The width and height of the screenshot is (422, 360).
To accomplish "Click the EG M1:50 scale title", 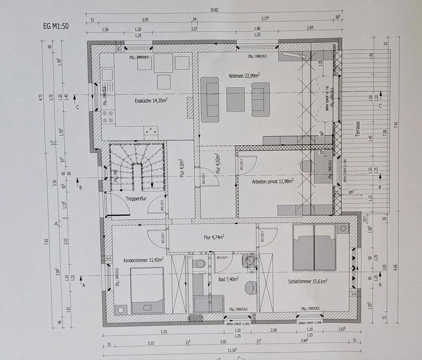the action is point(56,26).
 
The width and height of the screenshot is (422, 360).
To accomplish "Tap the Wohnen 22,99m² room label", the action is point(244,76).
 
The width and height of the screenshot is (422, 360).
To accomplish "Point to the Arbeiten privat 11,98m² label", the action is point(273,180).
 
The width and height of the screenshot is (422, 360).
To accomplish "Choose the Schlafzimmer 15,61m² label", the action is point(308,281).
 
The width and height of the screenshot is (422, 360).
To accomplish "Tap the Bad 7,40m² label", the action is point(229,279).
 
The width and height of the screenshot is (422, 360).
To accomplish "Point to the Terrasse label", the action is point(357,129).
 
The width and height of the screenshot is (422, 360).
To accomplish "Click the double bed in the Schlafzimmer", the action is point(314,247).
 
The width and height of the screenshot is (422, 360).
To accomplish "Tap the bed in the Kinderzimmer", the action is point(147,290).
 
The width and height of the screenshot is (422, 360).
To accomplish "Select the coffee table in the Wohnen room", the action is point(235,99).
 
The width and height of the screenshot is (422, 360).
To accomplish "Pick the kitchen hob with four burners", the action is point(107,117).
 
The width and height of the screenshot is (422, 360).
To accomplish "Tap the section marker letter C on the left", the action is point(77,107).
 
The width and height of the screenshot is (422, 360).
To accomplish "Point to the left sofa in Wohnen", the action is point(210,99).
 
